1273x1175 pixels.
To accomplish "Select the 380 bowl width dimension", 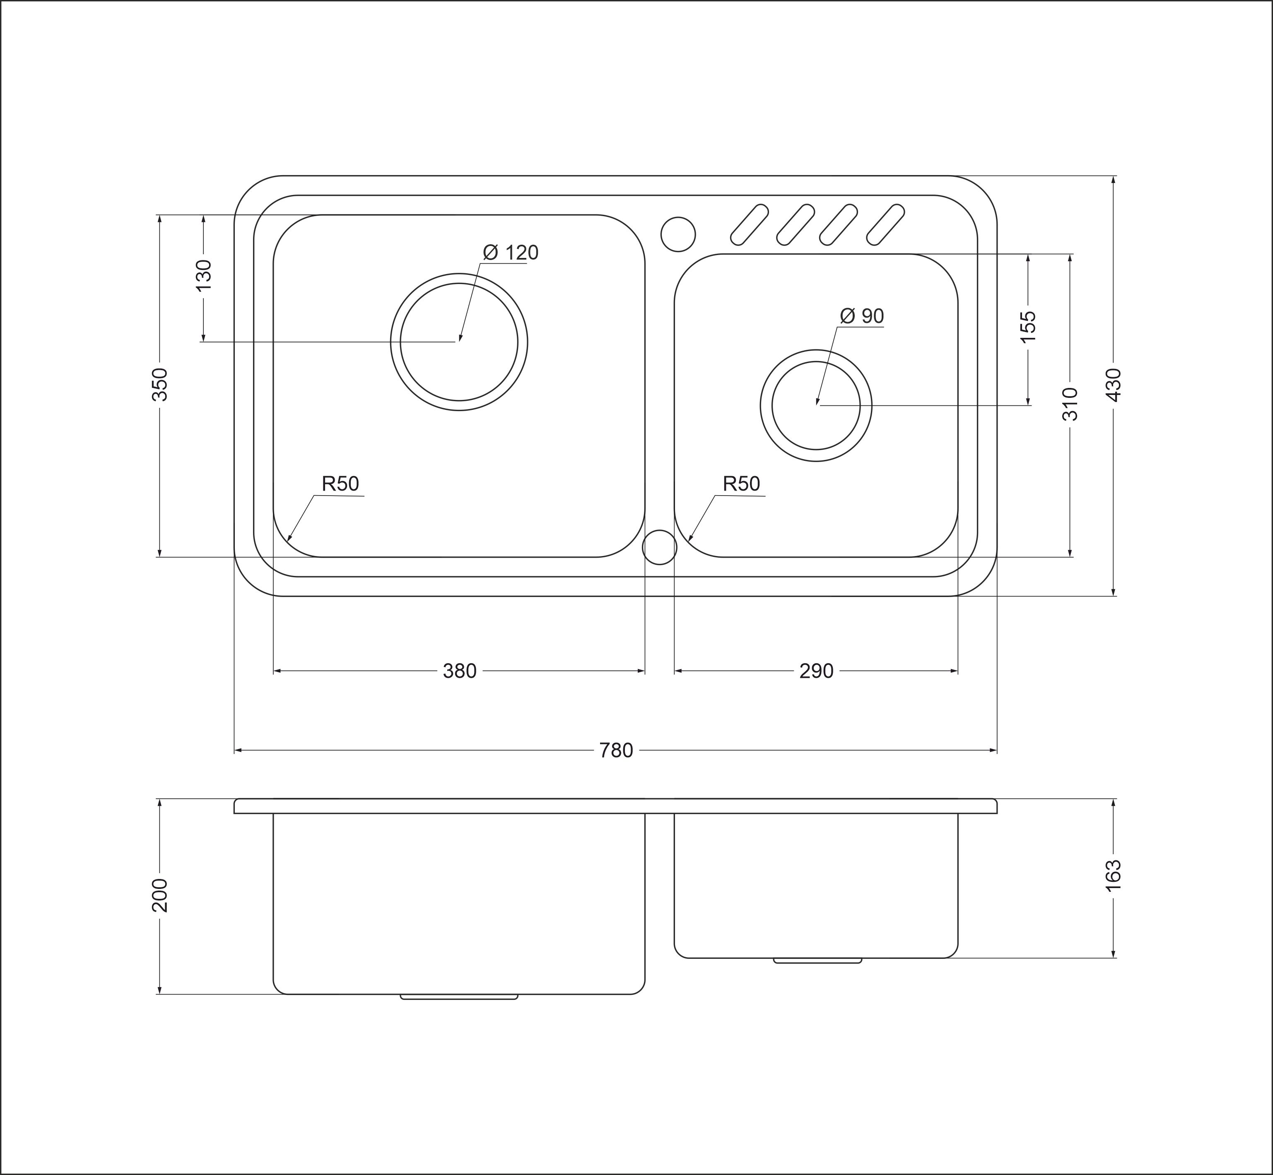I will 459,671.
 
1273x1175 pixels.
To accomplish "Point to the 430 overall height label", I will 1114,385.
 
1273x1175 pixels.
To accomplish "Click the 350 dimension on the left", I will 159,384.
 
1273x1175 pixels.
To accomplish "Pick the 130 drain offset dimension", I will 203,275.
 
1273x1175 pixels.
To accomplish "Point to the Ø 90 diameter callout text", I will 862,315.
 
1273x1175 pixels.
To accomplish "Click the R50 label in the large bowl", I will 340,484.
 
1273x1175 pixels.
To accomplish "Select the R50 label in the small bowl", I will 741,484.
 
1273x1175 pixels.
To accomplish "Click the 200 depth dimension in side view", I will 159,895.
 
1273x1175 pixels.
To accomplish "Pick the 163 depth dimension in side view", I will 1114,876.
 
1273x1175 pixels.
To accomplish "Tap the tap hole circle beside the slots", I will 678,234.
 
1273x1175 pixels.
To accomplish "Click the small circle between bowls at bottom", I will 659,547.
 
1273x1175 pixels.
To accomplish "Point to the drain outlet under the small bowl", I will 817,960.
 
